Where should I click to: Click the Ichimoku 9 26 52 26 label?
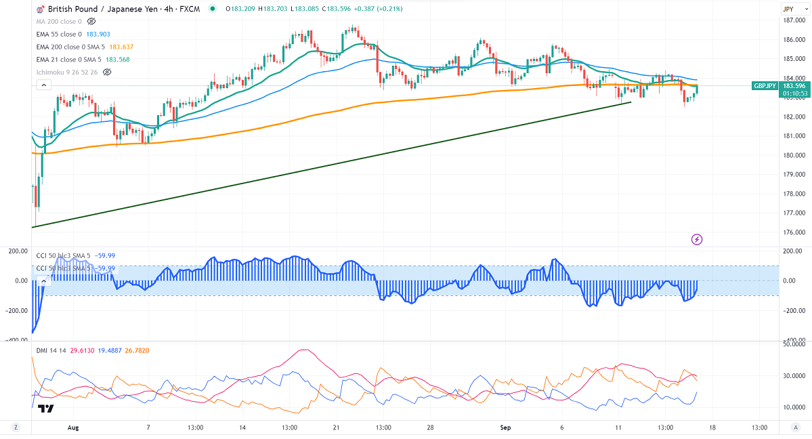pyautogui.click(x=66, y=72)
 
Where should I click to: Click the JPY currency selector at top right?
pyautogui.click(x=788, y=9)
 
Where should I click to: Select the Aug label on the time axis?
pyautogui.click(x=74, y=427)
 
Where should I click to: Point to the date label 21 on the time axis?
pyautogui.click(x=337, y=427)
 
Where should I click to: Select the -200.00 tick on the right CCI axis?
pyautogui.click(x=791, y=310)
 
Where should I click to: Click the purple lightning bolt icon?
pyautogui.click(x=697, y=239)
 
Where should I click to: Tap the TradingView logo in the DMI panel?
pyautogui.click(x=46, y=409)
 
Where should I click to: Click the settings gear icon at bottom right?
pyautogui.click(x=796, y=427)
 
